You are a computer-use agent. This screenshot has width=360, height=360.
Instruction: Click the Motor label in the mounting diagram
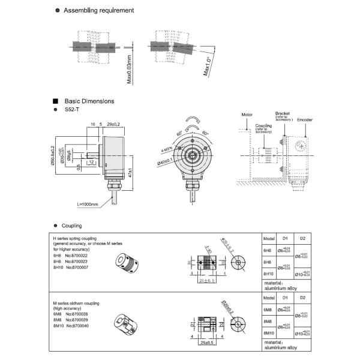[247, 114]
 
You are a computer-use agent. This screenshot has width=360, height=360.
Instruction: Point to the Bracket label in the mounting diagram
[283, 113]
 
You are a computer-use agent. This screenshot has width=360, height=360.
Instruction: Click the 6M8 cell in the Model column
[269, 310]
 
